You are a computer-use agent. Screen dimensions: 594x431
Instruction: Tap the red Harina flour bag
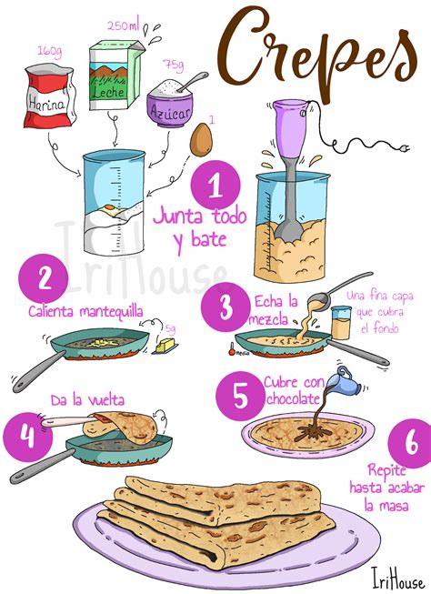pos(50,95)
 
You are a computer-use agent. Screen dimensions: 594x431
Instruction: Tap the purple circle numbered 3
pos(226,306)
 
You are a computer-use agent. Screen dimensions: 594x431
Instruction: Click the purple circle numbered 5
pos(239,395)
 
